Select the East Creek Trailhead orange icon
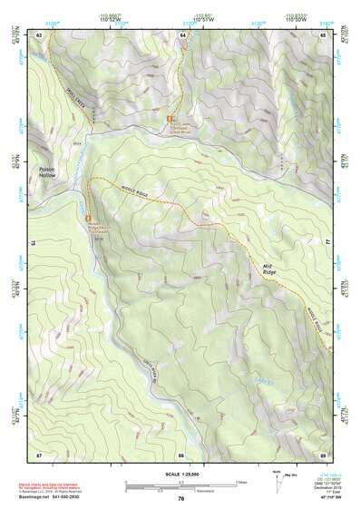tap(168, 119)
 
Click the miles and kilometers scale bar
tap(180, 485)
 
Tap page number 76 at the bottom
tap(180, 499)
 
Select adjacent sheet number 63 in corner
tap(39, 34)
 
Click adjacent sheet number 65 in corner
tap(323, 34)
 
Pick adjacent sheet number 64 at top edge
tap(181, 34)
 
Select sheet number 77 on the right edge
tap(326, 243)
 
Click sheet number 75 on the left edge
tap(35, 243)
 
